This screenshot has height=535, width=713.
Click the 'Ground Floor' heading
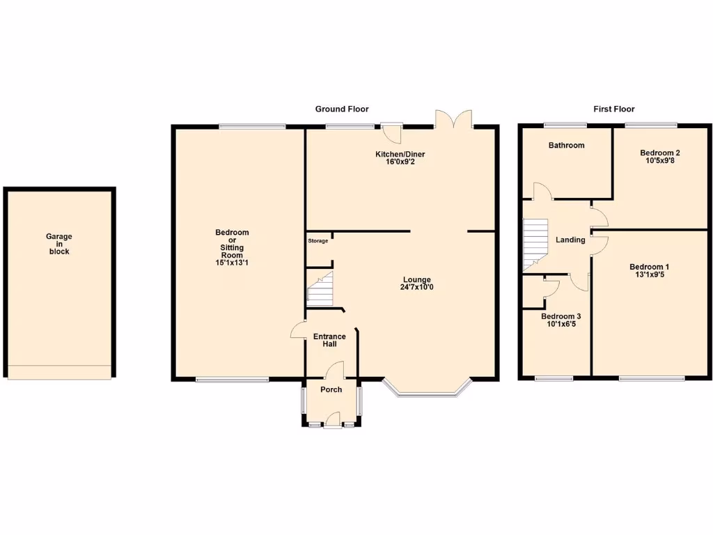(342, 109)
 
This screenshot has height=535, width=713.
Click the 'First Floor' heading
(613, 109)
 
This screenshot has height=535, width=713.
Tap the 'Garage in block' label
(59, 244)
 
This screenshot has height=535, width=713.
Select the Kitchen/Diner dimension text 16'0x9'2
(400, 162)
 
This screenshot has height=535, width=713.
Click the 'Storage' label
(318, 241)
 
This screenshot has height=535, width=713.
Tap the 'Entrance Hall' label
(329, 341)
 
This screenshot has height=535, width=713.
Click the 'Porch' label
(331, 389)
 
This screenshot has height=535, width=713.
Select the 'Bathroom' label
(566, 146)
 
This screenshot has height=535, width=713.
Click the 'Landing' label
(570, 240)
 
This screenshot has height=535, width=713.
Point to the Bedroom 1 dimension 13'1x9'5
(649, 275)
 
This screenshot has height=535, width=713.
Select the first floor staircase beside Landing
(535, 245)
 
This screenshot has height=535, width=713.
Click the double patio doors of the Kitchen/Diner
(454, 119)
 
